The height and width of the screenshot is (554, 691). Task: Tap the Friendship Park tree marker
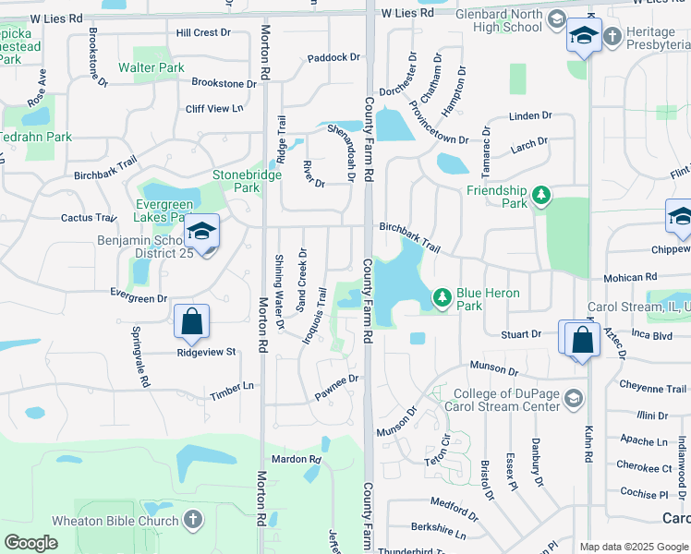tap(541, 195)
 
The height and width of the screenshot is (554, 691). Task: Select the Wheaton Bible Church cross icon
tap(192, 520)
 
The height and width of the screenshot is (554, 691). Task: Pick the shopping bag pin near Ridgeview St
tap(191, 322)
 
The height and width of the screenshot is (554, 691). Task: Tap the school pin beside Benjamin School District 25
tap(200, 231)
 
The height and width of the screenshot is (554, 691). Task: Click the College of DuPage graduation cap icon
tap(573, 399)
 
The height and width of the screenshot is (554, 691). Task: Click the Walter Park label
tap(152, 67)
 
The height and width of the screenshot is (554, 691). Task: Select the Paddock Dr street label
tap(333, 57)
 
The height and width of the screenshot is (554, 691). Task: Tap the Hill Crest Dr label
tap(202, 32)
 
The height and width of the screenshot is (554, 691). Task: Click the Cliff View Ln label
tap(213, 108)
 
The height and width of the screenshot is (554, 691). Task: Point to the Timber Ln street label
tap(232, 386)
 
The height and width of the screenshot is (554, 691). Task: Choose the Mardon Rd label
tap(296, 459)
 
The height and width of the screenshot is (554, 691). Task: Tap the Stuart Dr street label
tap(520, 334)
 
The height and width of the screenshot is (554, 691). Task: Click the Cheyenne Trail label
tap(653, 389)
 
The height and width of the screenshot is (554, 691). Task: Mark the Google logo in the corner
tap(31, 543)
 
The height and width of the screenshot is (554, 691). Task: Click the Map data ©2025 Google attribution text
tap(634, 547)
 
